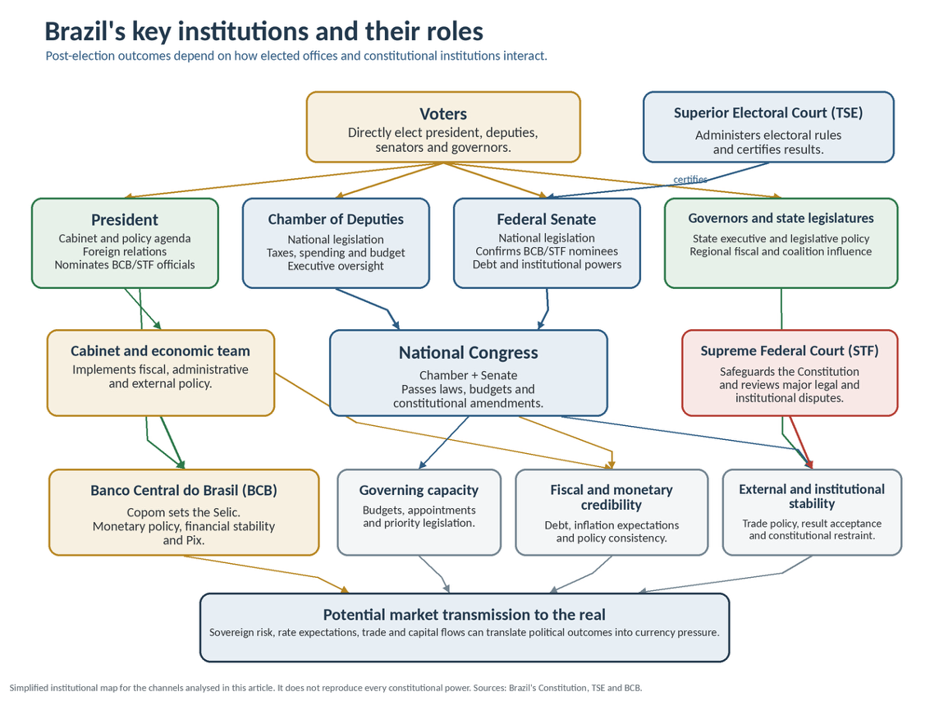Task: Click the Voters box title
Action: coord(443,114)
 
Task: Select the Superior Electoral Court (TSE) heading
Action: coord(768,112)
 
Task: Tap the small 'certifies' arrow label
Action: coord(689,179)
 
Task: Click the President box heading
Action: coord(125,220)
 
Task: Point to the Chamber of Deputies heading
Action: coord(336,219)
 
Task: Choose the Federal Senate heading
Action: coord(546,219)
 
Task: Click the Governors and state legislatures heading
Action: coord(781,218)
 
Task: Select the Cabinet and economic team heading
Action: coord(160,351)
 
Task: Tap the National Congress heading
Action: coord(468,353)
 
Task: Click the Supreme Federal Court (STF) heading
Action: coord(790,350)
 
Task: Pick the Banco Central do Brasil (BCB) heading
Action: coord(184,491)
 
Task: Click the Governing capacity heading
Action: coord(419,491)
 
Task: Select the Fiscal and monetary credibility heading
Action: coord(612,497)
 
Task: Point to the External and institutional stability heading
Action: coord(811,496)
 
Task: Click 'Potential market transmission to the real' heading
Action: coord(465,615)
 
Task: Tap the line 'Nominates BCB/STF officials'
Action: coord(125,264)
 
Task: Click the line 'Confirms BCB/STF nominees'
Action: coord(546,251)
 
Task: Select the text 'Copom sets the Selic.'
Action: coord(184,512)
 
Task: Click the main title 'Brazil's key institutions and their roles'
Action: coord(264,31)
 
